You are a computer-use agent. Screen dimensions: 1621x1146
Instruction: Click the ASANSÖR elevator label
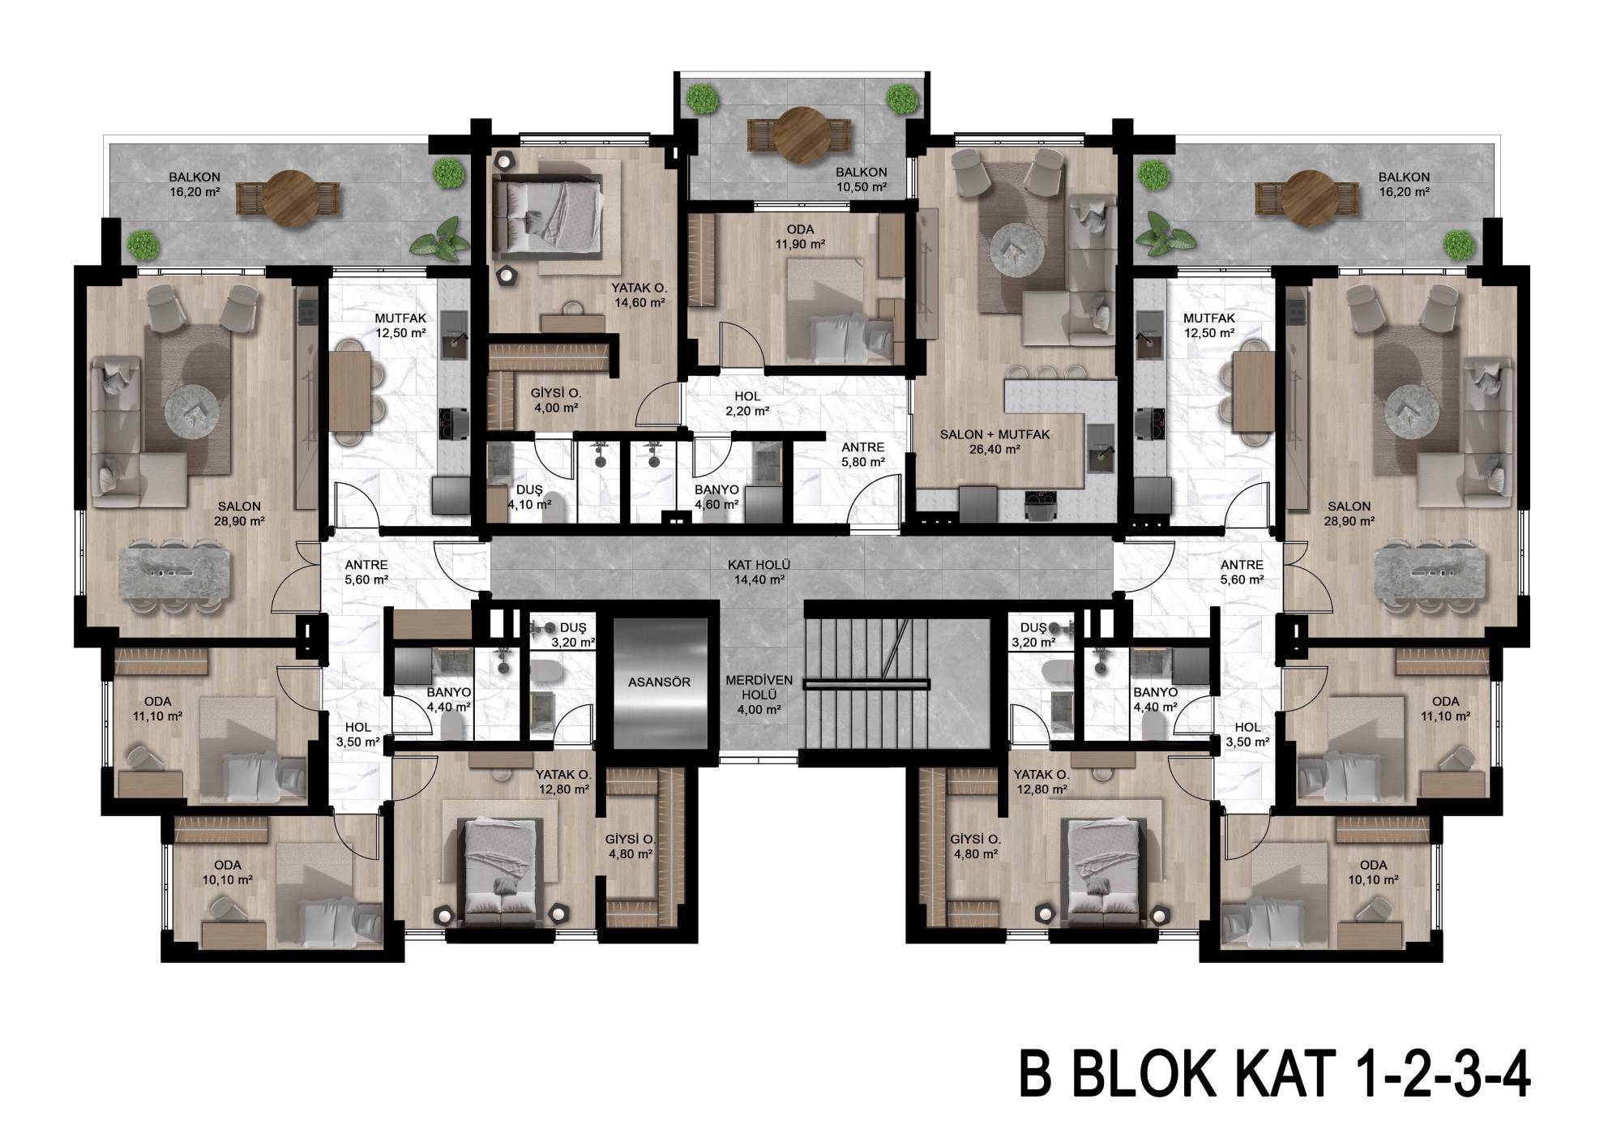659,682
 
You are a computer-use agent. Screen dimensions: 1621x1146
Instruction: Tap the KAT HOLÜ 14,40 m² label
759,572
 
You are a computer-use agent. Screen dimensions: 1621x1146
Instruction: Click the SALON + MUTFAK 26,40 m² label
994,442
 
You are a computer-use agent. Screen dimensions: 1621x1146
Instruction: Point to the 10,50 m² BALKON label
861,179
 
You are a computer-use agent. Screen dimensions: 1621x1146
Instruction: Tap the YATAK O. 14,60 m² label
639,295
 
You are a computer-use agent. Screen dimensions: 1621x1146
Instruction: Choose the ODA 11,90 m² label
799,237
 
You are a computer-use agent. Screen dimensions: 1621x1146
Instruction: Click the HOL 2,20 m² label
748,404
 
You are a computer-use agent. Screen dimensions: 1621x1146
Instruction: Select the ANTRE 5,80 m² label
863,454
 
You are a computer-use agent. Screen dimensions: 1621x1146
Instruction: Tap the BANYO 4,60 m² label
716,497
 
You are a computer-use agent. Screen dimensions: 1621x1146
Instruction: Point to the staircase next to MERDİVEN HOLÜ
866,685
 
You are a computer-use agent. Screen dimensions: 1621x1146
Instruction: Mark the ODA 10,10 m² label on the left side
228,872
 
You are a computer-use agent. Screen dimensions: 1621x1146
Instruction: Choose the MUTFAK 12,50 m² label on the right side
1208,325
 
